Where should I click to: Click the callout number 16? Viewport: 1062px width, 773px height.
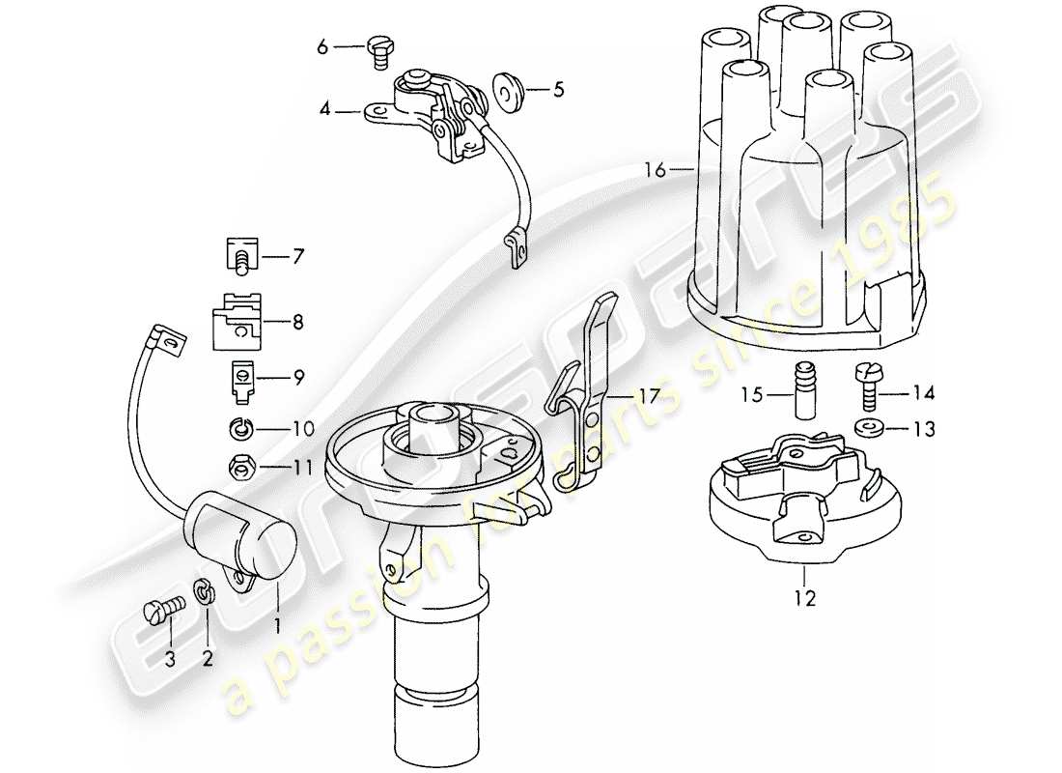pyautogui.click(x=656, y=171)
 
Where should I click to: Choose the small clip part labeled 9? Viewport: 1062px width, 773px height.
pyautogui.click(x=241, y=379)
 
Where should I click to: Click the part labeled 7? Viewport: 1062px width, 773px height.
pyautogui.click(x=238, y=258)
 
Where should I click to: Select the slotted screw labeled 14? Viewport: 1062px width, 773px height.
pyautogui.click(x=866, y=384)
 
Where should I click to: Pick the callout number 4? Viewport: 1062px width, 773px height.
pyautogui.click(x=325, y=112)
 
